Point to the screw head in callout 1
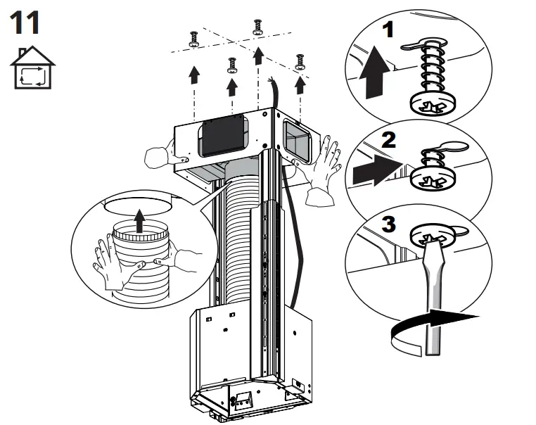[428, 105]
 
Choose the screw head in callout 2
[428, 177]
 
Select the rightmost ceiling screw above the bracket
[300, 61]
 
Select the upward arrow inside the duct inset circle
[140, 222]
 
